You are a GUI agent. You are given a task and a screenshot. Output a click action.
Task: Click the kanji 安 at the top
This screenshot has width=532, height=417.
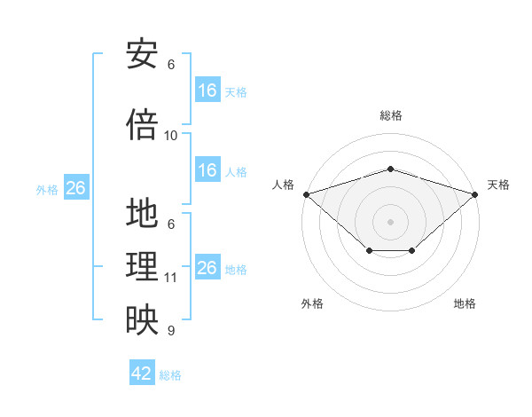point(142,54)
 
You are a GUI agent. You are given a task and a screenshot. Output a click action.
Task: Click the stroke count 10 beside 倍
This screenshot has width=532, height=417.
point(171,136)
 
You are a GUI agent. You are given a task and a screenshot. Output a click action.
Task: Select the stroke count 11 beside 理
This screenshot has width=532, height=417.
point(171,278)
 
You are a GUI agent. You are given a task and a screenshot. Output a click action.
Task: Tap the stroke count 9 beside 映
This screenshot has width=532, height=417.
point(171,331)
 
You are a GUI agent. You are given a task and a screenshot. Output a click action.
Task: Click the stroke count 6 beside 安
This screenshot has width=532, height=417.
point(171,65)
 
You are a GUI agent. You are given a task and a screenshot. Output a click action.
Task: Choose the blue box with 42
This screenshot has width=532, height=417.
point(142,374)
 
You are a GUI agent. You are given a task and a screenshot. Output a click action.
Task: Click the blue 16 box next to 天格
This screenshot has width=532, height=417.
point(207,90)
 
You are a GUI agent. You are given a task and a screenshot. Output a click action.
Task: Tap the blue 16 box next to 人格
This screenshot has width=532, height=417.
point(207,170)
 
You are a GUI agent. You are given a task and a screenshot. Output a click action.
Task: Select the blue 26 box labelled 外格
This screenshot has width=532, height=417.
point(75,188)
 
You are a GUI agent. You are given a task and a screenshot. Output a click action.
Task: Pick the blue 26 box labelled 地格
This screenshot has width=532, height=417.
point(207,268)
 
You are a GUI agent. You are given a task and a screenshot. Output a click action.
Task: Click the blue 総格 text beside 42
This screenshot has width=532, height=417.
point(170,375)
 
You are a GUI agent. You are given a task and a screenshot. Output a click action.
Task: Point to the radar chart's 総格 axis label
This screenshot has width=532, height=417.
point(390,115)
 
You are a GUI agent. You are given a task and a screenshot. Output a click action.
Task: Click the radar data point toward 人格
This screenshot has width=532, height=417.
point(306,194)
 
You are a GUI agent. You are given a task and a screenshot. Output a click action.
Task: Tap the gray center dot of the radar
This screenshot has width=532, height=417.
point(390,221)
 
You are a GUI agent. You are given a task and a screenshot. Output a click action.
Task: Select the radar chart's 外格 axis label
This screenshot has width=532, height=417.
point(312,304)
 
